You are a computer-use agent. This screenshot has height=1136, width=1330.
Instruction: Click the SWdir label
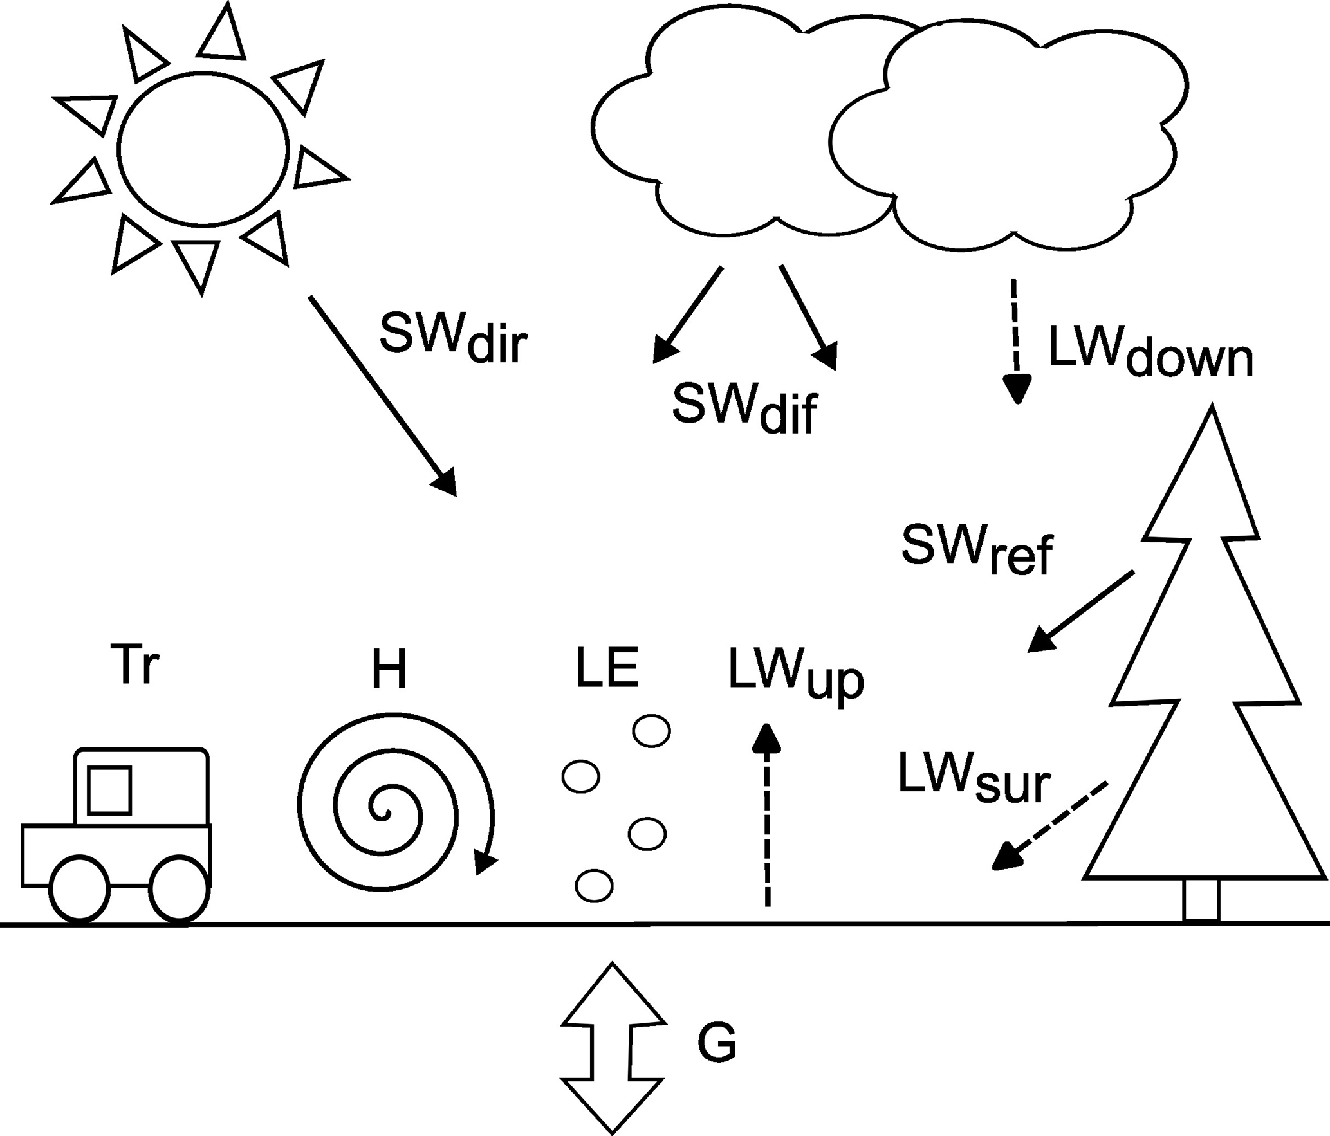click(x=453, y=339)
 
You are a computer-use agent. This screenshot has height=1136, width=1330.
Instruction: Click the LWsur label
click(x=974, y=779)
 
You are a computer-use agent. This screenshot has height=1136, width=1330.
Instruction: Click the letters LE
click(x=606, y=668)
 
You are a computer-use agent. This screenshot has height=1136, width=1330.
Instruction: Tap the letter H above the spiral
click(x=389, y=669)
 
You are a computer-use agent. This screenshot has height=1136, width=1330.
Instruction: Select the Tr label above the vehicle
click(x=135, y=664)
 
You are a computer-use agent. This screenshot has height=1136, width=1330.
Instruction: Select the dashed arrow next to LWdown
click(x=1016, y=341)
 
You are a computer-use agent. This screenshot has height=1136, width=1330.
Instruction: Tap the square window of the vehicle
click(x=109, y=790)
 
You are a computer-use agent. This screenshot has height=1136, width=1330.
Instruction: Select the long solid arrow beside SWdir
click(x=383, y=396)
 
